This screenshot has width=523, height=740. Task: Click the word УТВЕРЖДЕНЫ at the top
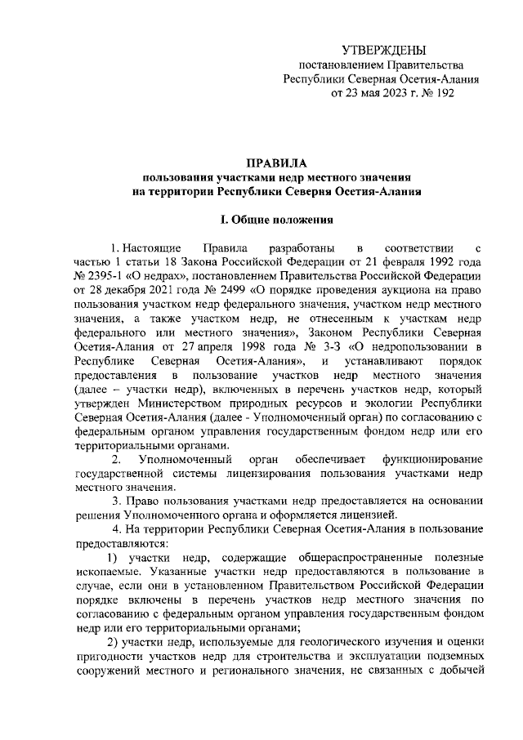(x=383, y=51)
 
